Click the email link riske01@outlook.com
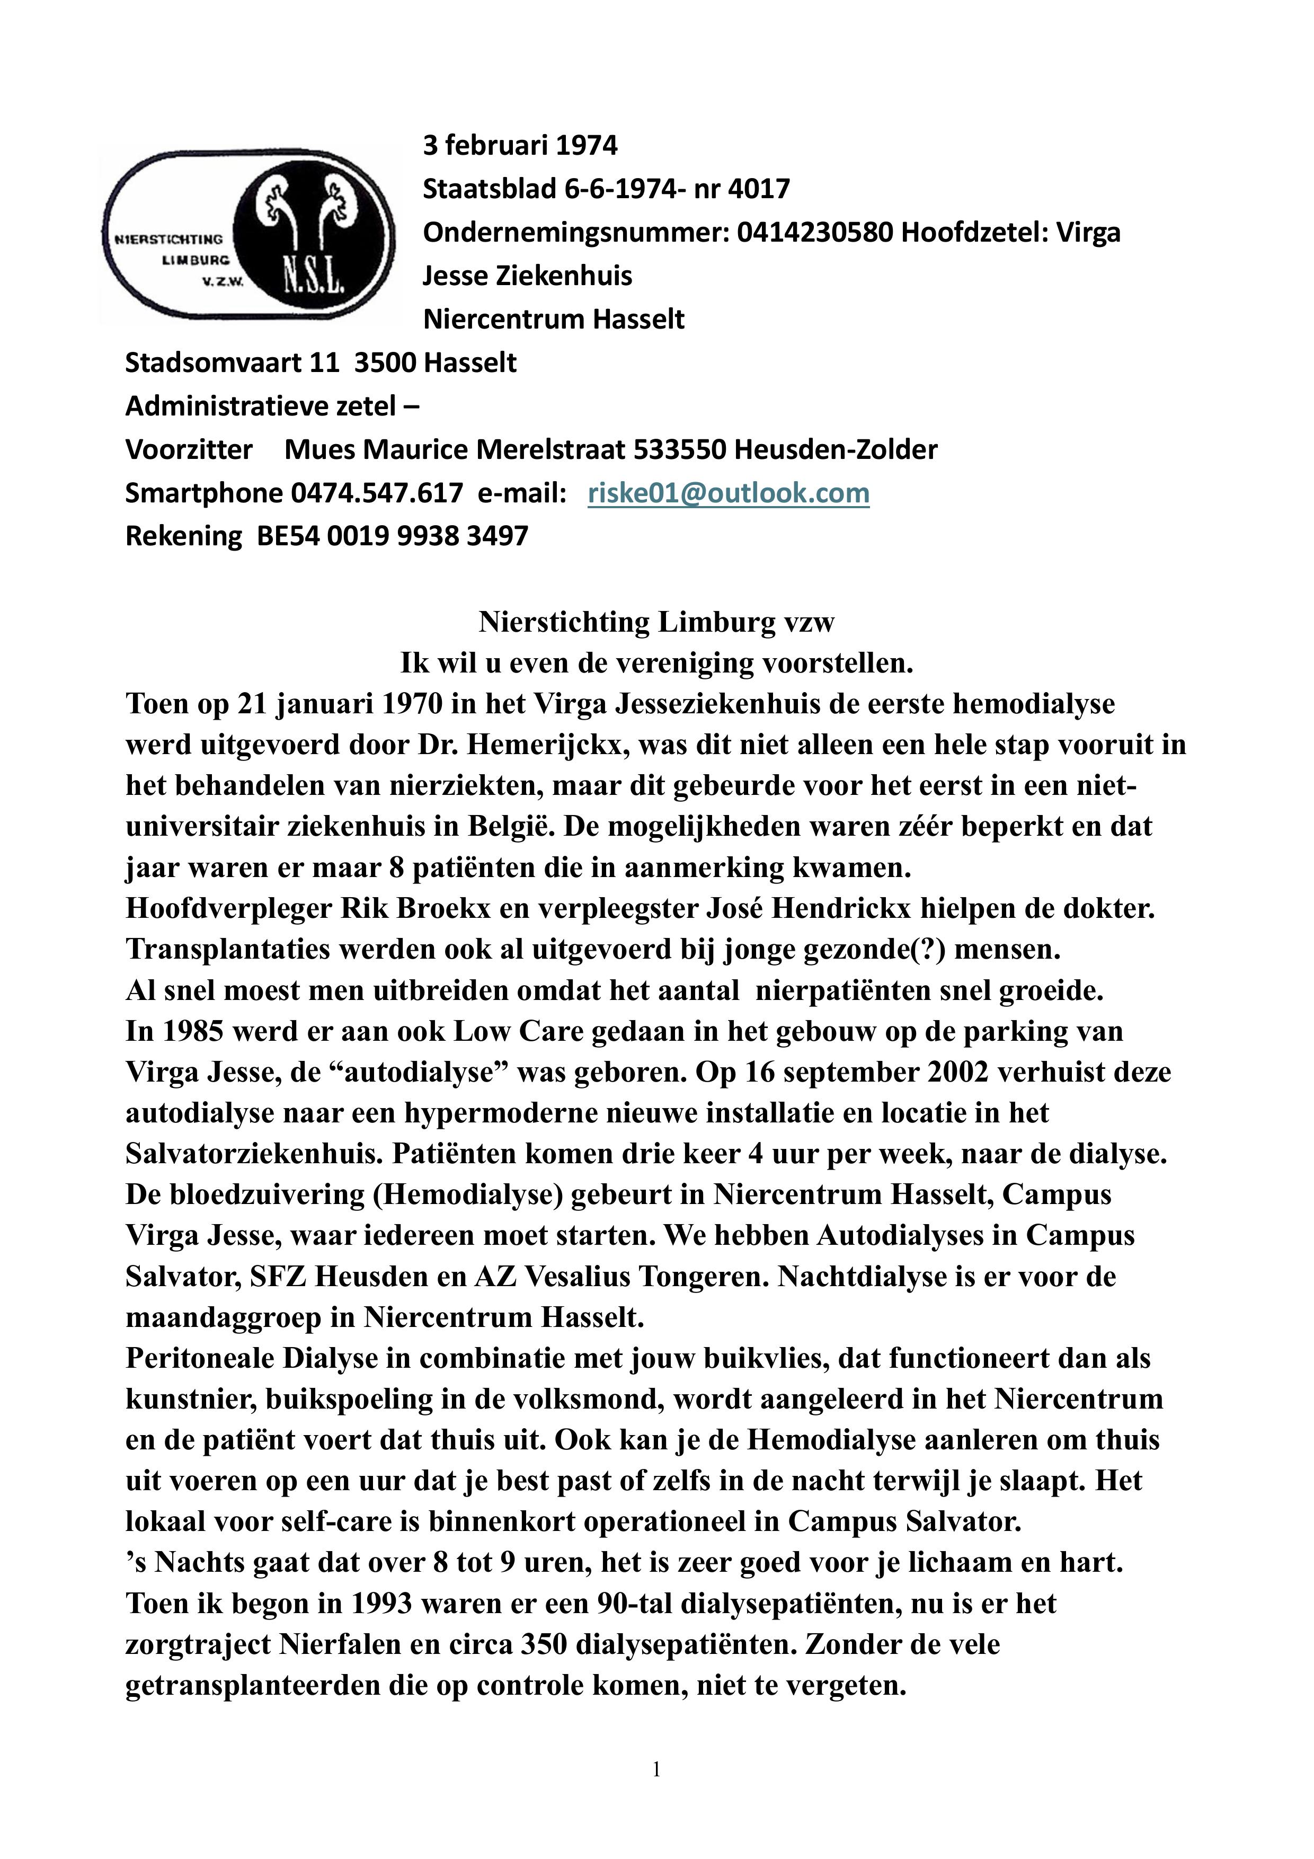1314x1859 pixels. point(728,492)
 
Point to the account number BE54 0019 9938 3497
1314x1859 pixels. point(392,535)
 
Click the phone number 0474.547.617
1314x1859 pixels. point(377,492)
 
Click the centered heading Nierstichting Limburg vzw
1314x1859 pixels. point(656,622)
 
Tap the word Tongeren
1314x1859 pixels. point(696,1276)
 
